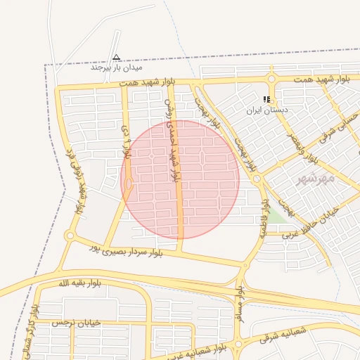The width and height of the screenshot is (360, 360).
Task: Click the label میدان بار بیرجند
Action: [116, 68]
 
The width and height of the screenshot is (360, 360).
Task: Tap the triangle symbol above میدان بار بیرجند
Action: [117, 57]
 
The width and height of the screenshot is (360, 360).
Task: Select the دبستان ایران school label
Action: [266, 110]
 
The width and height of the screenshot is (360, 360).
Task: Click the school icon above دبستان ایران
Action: [266, 100]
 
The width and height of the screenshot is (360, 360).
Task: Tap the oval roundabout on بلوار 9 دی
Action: [129, 184]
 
